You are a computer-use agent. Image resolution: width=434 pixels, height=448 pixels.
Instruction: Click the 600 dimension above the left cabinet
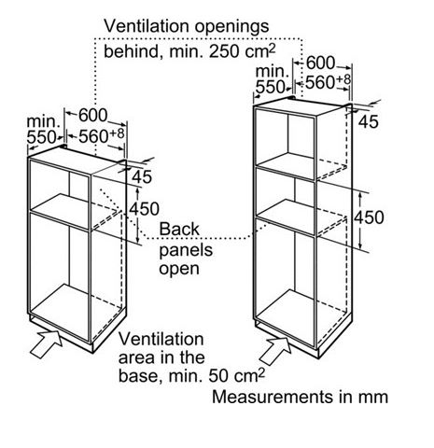coord(92,116)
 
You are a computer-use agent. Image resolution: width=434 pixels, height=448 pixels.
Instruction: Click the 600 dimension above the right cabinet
coord(320,63)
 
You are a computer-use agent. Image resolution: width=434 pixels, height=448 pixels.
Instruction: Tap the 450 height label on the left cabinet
coord(145,209)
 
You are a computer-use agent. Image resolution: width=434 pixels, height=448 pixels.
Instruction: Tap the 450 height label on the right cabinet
coord(370,217)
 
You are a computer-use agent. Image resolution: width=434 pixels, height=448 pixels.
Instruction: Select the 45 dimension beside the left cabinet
coord(142,176)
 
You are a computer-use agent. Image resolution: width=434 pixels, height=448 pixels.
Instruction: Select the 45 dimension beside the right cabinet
coord(369,121)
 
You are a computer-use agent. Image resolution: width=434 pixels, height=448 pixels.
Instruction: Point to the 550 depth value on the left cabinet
coord(42,137)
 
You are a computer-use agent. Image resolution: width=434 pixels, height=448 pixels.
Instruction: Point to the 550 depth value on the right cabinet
coord(270,87)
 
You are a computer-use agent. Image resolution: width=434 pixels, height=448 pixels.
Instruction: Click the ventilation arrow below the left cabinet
coord(46,343)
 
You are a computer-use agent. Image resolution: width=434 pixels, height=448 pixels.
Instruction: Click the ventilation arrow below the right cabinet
coord(275,351)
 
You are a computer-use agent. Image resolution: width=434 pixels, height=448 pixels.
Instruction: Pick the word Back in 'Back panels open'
coord(179,230)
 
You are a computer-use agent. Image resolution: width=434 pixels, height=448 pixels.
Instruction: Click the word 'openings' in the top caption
coord(231,27)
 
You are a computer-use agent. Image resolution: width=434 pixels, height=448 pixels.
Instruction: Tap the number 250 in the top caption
coord(224,51)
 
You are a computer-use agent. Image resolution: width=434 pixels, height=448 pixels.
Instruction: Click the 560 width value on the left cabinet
coord(92,137)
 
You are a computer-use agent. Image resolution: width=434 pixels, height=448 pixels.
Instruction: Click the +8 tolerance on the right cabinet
coord(343,79)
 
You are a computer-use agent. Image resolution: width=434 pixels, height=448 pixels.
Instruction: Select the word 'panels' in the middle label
coord(186,251)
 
